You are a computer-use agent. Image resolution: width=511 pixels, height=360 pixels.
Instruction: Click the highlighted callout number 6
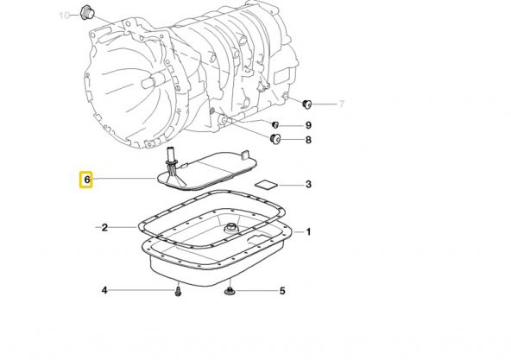85,180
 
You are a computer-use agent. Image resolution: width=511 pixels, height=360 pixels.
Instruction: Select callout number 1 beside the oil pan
308,231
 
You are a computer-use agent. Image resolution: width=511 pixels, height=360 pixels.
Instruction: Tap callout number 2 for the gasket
104,228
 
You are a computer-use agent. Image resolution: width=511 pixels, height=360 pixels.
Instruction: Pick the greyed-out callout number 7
341,104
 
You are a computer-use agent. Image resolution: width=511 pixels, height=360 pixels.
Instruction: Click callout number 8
308,140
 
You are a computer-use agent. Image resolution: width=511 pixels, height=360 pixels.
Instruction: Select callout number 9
308,125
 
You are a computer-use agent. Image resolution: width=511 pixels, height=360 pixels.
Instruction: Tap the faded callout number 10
63,16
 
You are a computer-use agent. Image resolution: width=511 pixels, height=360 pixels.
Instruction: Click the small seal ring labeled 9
274,124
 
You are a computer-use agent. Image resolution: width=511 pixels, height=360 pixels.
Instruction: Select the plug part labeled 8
276,139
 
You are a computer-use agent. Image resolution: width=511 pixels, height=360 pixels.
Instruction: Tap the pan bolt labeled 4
176,291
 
